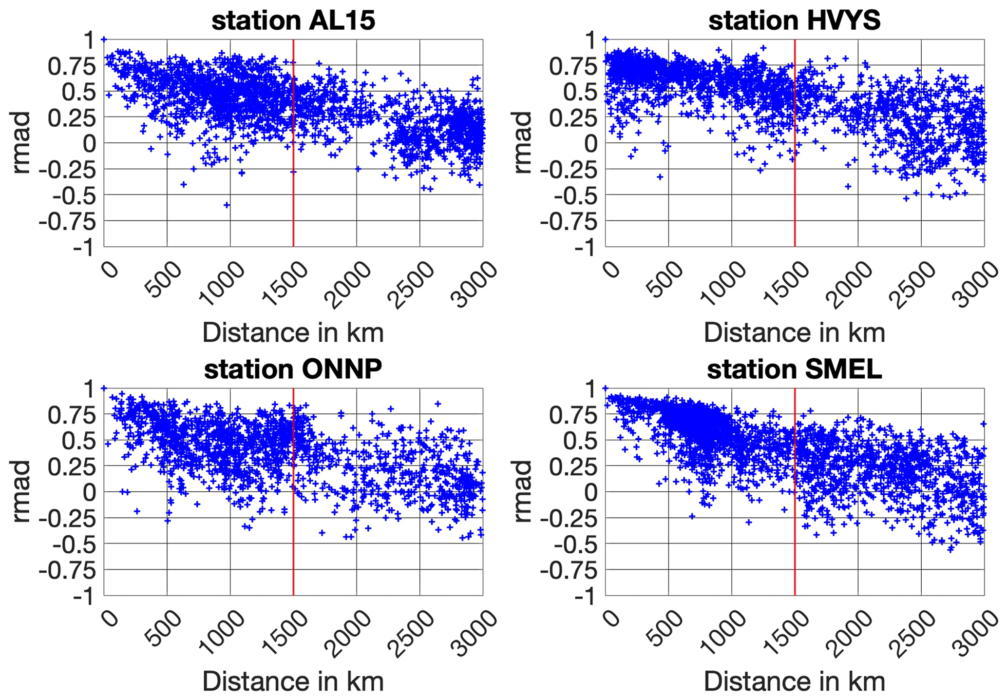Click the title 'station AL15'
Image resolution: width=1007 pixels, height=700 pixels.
(293, 20)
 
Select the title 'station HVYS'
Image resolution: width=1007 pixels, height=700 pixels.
(795, 20)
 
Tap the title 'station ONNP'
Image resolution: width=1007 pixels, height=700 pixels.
(293, 369)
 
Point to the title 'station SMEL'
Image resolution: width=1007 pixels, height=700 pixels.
(795, 369)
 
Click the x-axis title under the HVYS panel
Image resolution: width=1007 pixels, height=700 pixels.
(795, 333)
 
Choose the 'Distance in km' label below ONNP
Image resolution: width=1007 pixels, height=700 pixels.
(293, 681)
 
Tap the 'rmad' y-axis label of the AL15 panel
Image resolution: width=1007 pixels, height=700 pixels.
(22, 143)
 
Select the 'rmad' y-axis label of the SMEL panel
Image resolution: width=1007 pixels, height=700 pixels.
(523, 492)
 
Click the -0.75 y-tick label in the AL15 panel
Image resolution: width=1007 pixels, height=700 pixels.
(67, 221)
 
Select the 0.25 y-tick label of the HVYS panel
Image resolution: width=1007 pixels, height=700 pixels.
(573, 117)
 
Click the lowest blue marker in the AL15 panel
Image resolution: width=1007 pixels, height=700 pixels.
(227, 205)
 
